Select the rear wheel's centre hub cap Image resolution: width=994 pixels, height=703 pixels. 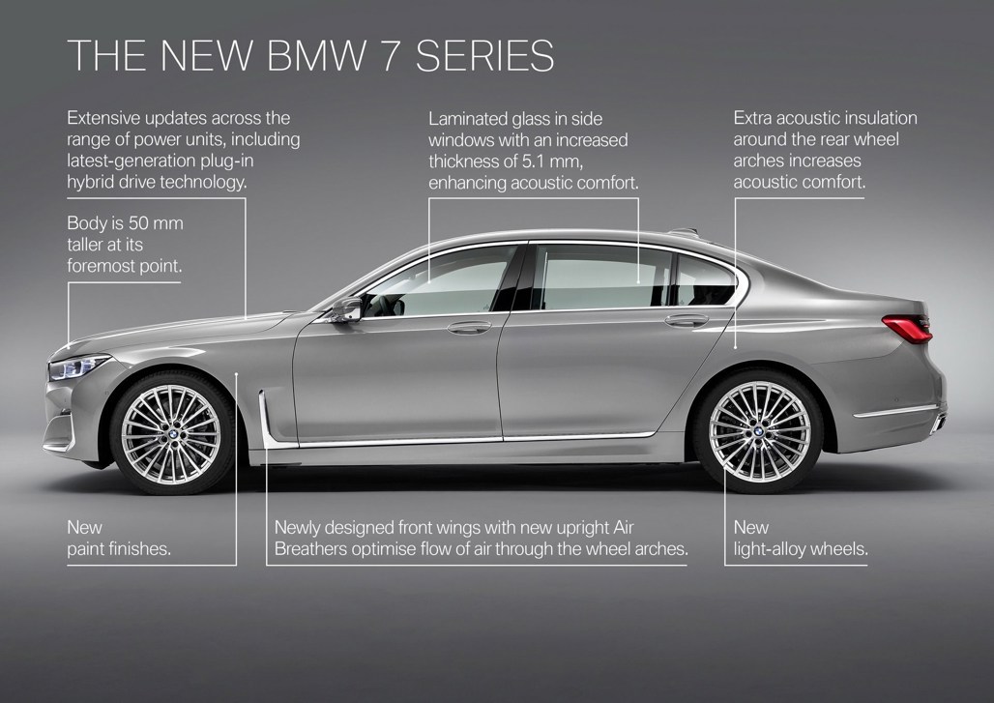[759, 431]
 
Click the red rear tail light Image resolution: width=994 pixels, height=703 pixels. [908, 328]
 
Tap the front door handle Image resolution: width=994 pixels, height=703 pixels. [469, 328]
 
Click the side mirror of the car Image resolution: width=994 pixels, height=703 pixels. [344, 309]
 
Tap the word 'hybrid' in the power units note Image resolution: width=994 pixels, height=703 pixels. [92, 182]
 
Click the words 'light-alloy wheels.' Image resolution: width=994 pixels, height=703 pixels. [801, 549]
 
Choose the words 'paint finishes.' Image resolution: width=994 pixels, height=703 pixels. [118, 549]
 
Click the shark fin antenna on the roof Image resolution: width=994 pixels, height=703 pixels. [683, 230]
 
